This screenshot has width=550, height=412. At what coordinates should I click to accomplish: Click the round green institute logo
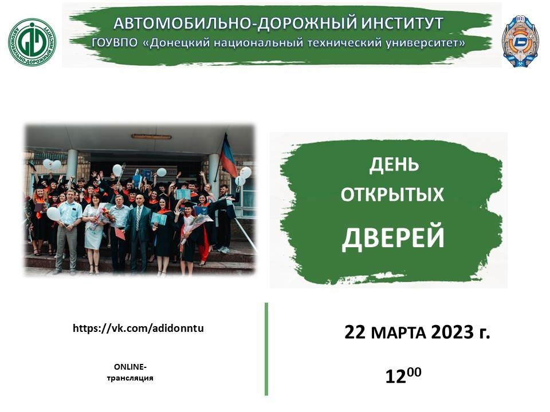coord(32,42)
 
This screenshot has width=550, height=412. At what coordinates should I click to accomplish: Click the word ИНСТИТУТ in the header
coord(401,23)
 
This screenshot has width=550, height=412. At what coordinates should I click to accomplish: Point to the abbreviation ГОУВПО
coord(115,43)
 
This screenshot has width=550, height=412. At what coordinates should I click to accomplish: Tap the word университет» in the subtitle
coord(426,43)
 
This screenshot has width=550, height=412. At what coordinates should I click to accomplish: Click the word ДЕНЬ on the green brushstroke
coord(394,165)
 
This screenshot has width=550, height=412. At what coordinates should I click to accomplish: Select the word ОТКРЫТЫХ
coord(392,194)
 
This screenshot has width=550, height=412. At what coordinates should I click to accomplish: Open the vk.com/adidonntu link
coord(138,328)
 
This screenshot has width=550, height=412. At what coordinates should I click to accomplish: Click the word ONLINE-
coord(130,367)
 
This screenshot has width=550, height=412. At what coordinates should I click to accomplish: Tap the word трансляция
coord(130,378)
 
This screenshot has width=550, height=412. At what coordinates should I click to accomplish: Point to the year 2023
coord(452,332)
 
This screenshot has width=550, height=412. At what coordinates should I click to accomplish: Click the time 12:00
coord(403,375)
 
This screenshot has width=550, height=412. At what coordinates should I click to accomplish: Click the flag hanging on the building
coord(229,158)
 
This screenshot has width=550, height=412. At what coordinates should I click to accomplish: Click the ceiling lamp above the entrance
coord(151,136)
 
